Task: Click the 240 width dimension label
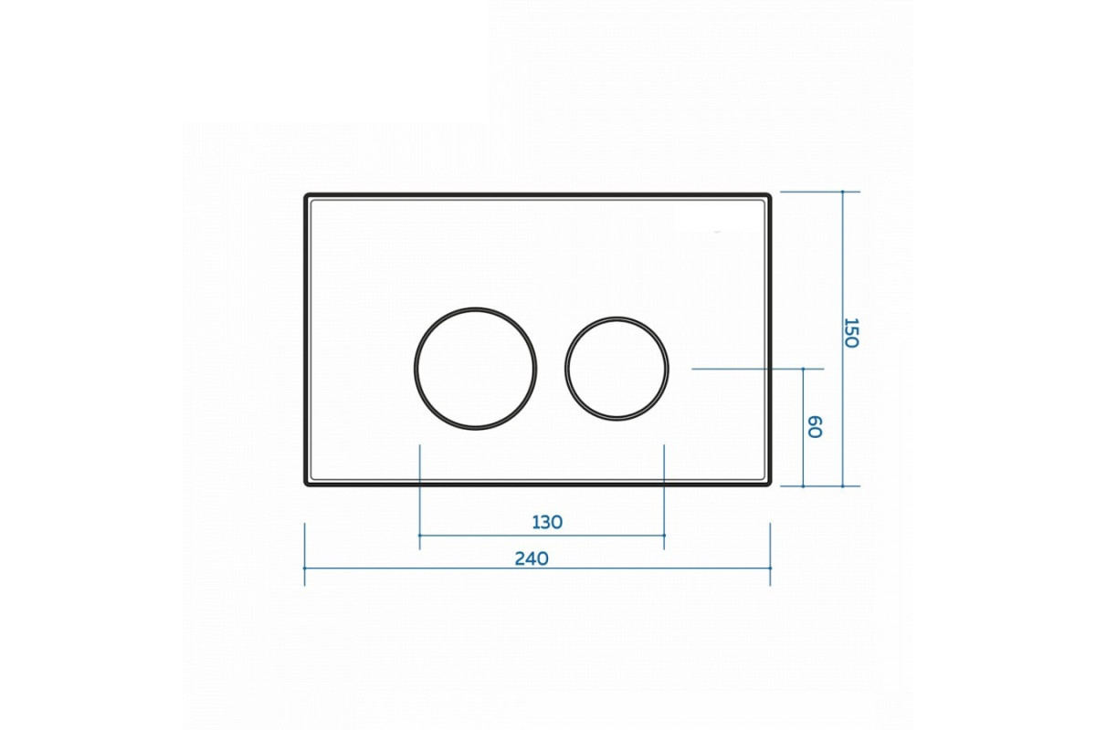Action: [x=532, y=558]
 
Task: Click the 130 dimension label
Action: [x=547, y=523]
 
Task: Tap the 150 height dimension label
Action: [x=852, y=333]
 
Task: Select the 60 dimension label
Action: [x=814, y=427]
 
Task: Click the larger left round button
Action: [x=416, y=369]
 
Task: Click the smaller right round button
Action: [x=566, y=369]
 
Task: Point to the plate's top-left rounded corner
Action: [x=306, y=195]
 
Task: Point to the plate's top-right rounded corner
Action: [x=770, y=195]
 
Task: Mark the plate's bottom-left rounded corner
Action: [x=306, y=484]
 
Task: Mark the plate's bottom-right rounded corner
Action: [x=770, y=484]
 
